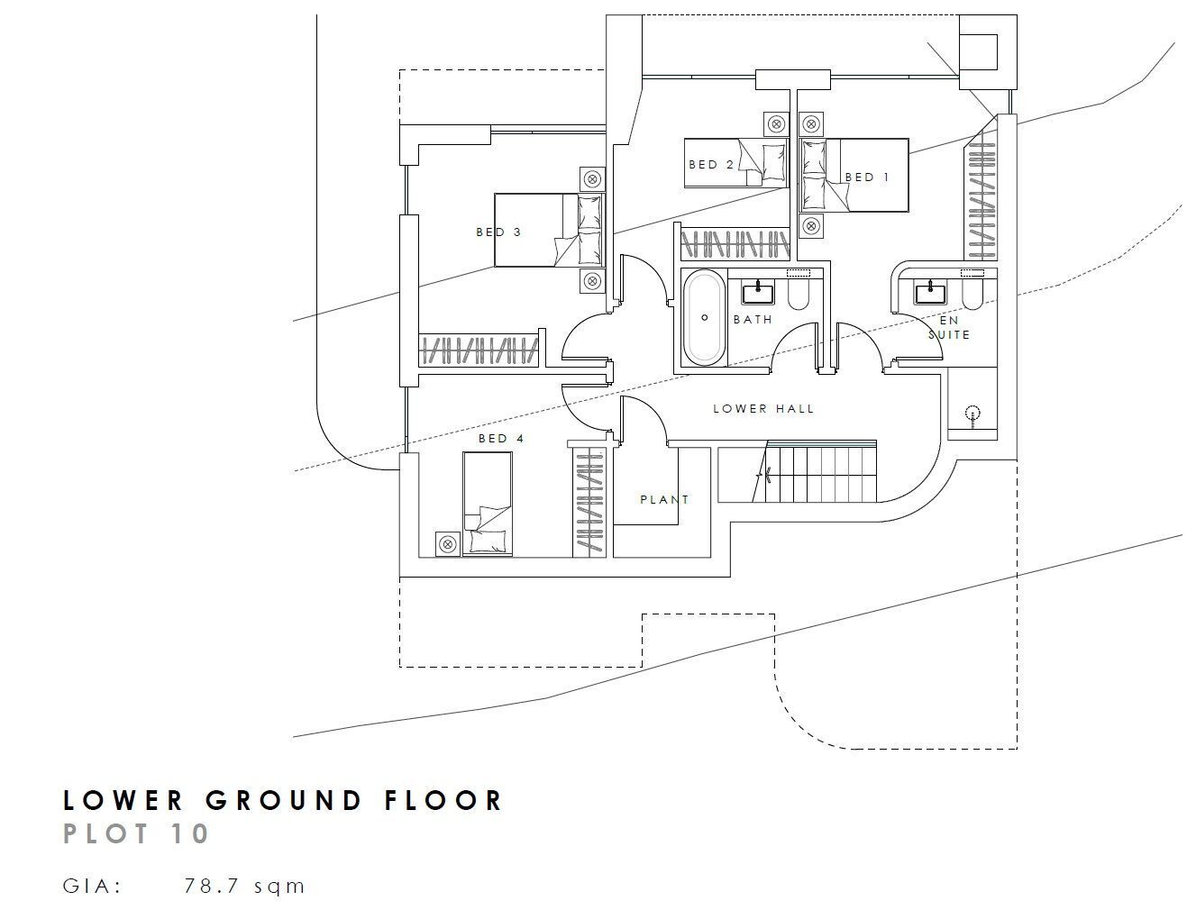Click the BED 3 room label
[498, 232]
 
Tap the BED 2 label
[711, 165]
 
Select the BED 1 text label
[867, 177]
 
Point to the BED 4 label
[501, 438]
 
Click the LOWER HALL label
[762, 409]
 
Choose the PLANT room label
[664, 499]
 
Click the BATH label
[753, 320]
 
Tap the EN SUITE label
[949, 327]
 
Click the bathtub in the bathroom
[704, 318]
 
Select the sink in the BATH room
[758, 292]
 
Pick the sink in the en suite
[930, 292]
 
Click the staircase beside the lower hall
[797, 471]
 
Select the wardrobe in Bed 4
[589, 502]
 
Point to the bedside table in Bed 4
[447, 544]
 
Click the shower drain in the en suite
[972, 414]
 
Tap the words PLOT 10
[136, 833]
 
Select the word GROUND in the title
[284, 800]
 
